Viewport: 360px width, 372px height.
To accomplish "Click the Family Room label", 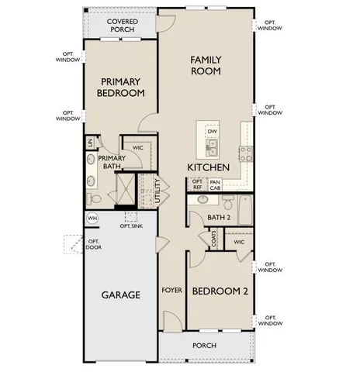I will (x=206, y=65).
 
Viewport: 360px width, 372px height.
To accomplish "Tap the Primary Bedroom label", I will (x=123, y=87).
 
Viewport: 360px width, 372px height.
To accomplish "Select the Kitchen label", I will (x=207, y=167).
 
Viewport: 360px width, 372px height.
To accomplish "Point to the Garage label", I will (x=120, y=295).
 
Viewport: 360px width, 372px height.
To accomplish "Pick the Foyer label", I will (x=171, y=291).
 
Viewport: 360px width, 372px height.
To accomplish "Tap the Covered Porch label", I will (x=123, y=26).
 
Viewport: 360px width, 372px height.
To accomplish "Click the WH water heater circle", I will (x=92, y=218).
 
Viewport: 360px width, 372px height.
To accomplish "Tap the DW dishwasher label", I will (x=212, y=132).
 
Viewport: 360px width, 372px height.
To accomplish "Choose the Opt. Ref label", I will (x=197, y=184).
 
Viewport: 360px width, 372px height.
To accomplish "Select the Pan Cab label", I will (x=216, y=184).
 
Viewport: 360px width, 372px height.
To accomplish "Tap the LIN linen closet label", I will (x=91, y=143).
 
